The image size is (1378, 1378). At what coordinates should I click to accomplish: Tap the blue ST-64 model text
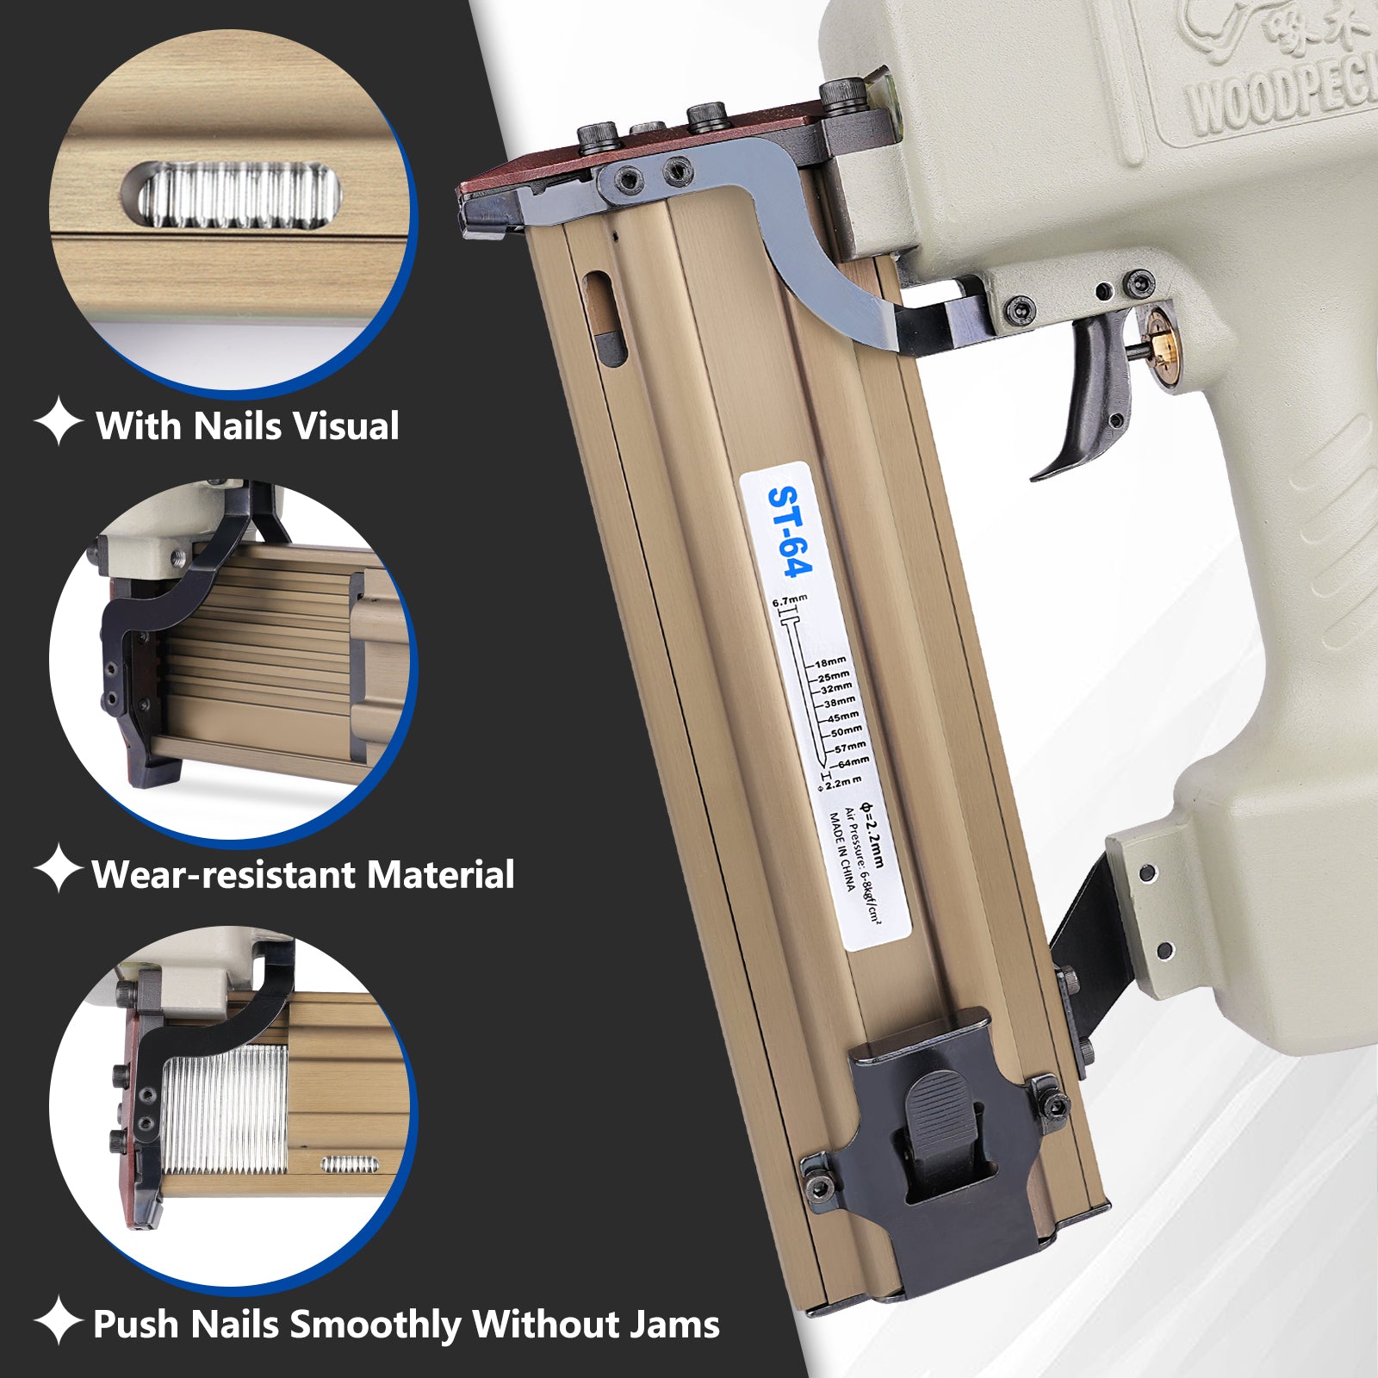[789, 531]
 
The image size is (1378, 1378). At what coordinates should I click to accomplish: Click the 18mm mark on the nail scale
[830, 662]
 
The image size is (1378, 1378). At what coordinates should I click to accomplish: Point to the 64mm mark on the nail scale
[853, 762]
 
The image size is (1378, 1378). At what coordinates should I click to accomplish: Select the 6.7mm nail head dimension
[789, 600]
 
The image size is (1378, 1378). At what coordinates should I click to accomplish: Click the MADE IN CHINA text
[841, 853]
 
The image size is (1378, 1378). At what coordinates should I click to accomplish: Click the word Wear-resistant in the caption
[225, 874]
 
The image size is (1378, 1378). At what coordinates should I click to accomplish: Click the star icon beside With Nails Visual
[58, 421]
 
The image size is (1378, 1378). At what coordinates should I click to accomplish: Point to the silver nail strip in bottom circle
[224, 1111]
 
